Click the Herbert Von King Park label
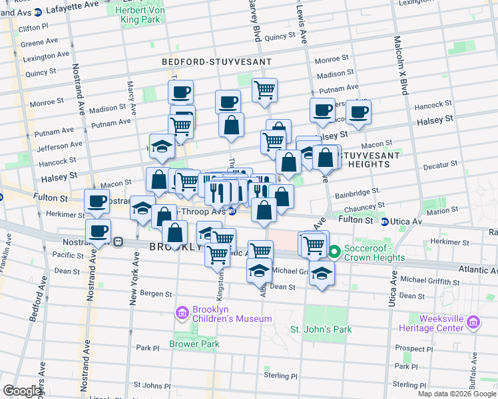140,15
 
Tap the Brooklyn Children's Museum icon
181,312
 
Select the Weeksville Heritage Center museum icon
473,323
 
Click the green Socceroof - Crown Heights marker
335,251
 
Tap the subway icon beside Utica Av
385,221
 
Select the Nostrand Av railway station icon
118,242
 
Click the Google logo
21,391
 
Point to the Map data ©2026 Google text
457,394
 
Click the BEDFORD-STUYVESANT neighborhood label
217,62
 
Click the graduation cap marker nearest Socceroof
322,273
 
